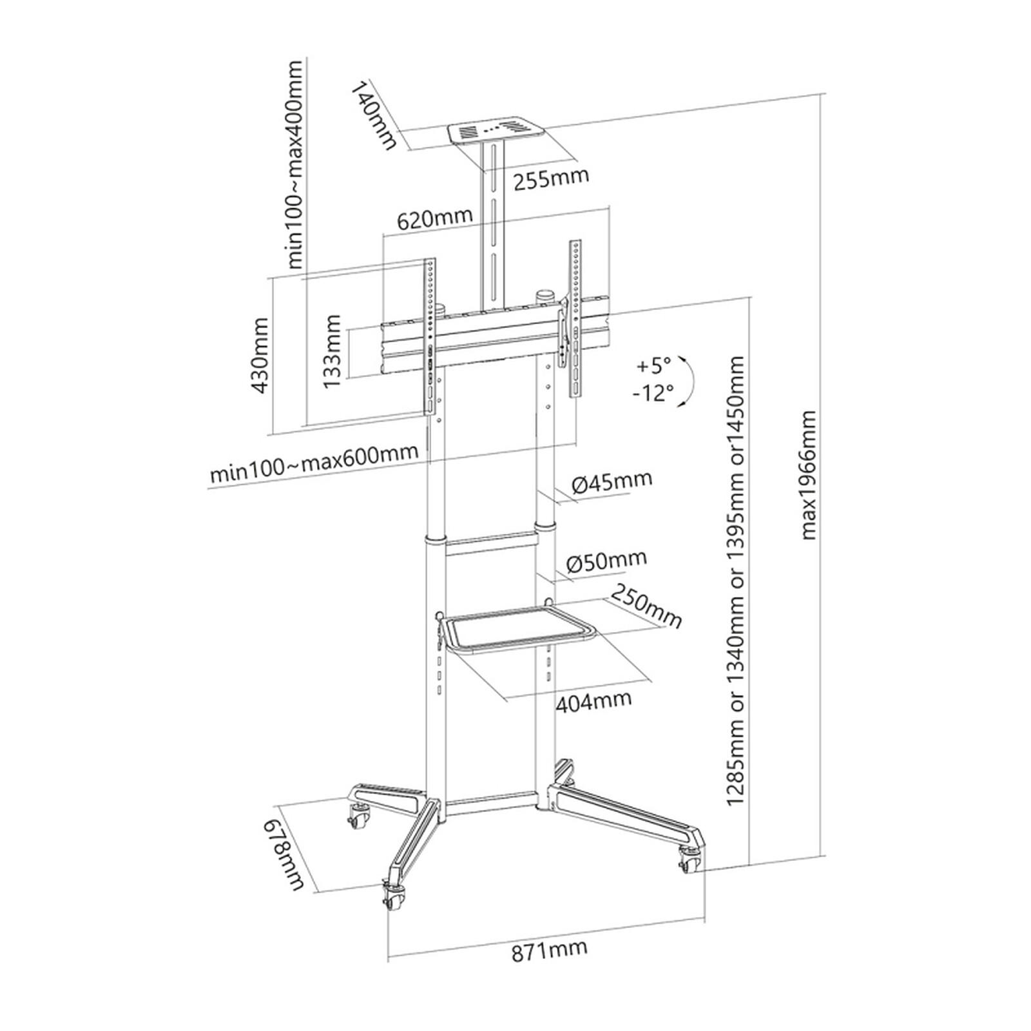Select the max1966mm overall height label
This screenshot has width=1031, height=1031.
807,475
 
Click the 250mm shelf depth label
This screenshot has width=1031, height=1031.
645,605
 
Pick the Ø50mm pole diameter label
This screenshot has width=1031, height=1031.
606,560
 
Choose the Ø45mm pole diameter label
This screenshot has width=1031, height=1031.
611,481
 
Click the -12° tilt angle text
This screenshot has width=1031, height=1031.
653,392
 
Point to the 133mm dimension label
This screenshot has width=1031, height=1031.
332,352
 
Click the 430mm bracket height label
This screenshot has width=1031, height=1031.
260,355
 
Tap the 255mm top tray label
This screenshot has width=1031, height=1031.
551,178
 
